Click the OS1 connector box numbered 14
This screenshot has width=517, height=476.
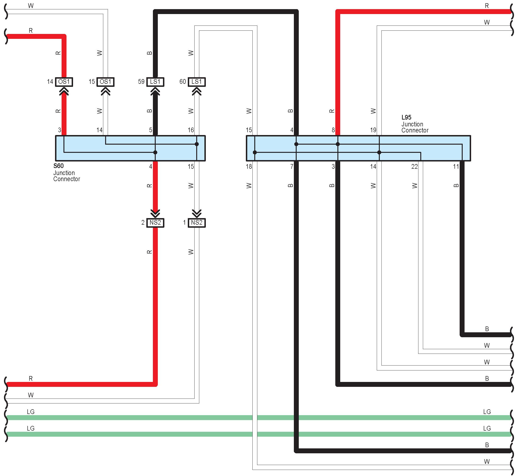point(64,82)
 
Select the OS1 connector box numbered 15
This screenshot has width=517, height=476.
point(105,82)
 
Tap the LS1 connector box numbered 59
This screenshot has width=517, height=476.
point(155,82)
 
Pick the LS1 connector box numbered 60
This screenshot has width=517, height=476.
point(197,82)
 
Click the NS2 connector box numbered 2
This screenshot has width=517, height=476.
point(155,223)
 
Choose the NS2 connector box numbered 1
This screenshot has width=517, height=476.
point(197,223)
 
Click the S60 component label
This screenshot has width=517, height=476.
point(59,166)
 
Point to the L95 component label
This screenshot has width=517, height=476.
point(406,117)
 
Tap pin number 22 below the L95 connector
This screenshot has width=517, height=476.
point(414,167)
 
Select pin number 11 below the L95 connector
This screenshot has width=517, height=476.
point(456,167)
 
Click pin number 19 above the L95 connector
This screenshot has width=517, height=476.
point(373,130)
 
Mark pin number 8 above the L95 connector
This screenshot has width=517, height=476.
point(333,130)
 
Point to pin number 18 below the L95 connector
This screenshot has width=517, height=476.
point(249,167)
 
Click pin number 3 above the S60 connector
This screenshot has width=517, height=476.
point(59,130)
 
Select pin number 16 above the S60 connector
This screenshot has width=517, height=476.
point(191,130)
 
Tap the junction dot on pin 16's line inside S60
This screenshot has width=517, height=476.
point(197,144)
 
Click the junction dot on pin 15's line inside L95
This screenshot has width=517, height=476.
point(255,152)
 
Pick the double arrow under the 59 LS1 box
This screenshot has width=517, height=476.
point(155,92)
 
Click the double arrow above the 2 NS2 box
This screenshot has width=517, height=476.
point(155,213)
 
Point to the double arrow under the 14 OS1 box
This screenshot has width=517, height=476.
point(64,92)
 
